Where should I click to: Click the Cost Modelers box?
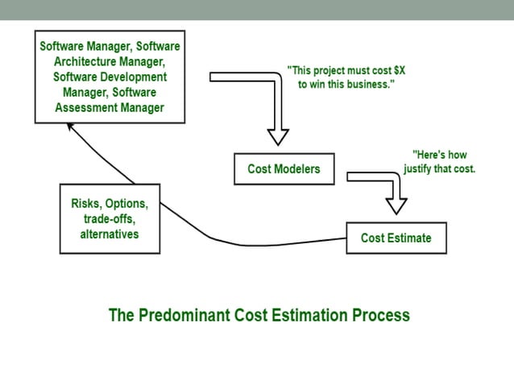[284, 169]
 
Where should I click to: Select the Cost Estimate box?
[396, 238]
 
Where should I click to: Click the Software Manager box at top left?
[109, 77]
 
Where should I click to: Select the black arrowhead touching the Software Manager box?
[72, 127]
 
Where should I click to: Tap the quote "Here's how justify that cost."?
[439, 163]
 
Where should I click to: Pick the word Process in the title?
[378, 315]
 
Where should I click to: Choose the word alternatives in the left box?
[110, 234]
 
